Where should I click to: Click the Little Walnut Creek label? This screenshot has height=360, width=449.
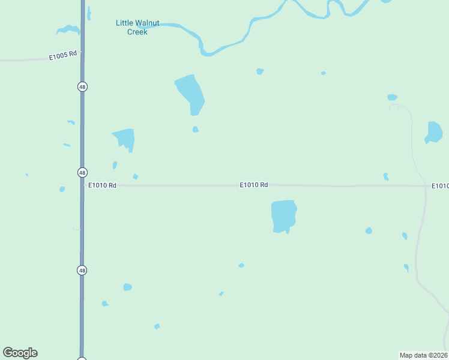[x=137, y=27]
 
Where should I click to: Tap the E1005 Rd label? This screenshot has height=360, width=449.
[x=63, y=55]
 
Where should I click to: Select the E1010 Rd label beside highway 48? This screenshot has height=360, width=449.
[x=102, y=186]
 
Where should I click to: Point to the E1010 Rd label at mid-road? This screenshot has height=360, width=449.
[x=253, y=185]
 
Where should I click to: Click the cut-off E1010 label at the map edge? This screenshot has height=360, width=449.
[x=440, y=186]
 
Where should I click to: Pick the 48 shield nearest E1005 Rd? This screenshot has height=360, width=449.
[x=82, y=87]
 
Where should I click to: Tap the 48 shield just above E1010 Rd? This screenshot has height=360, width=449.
[x=82, y=172]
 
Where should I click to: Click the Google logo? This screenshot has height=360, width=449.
[x=20, y=353]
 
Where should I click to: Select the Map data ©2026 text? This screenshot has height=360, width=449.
[x=423, y=355]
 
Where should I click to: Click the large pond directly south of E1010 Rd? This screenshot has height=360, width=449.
[x=284, y=215]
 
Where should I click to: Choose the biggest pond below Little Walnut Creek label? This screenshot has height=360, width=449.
[x=190, y=93]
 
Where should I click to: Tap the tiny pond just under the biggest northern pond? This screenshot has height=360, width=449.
[x=195, y=130]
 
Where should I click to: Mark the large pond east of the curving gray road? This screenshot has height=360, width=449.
[x=434, y=132]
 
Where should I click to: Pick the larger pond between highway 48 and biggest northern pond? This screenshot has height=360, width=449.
[x=125, y=139]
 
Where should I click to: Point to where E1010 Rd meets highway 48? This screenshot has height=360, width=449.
[x=83, y=185]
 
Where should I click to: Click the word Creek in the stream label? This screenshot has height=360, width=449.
[x=137, y=32]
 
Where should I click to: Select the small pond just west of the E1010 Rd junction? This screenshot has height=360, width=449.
[x=62, y=190]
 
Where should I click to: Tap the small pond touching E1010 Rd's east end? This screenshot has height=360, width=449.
[x=386, y=176]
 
